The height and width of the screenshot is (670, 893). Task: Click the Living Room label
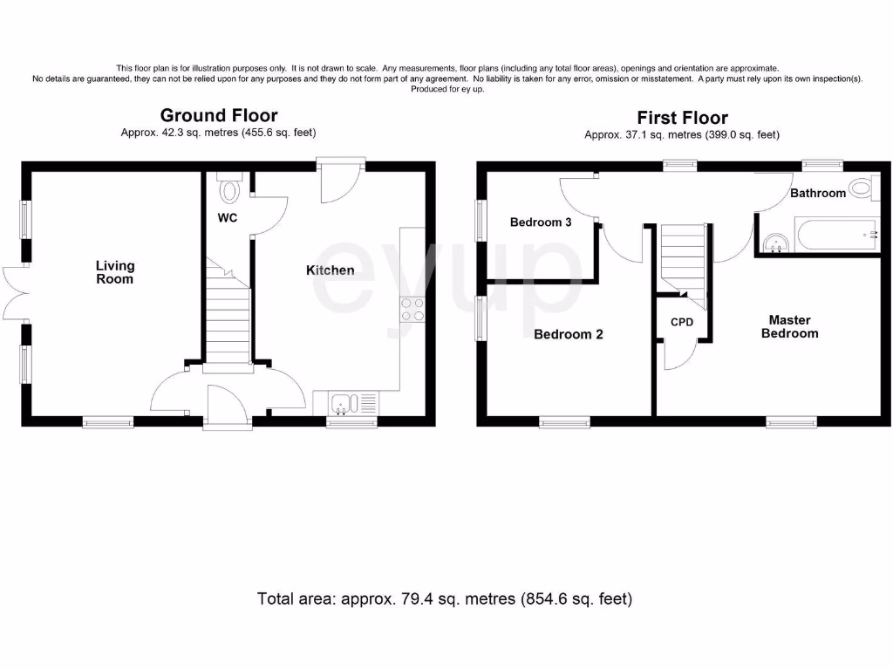115,272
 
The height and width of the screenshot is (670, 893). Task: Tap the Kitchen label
330,270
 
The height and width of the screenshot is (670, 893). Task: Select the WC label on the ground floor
228,217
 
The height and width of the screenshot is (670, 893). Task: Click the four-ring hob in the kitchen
412,310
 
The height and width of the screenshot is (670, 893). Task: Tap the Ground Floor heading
219,115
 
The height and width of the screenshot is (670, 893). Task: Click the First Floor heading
682,118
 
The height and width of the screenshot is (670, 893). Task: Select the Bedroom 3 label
541,222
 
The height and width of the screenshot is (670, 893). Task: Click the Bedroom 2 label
568,334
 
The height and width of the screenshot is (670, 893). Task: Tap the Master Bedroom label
789,326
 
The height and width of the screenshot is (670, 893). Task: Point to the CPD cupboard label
682,323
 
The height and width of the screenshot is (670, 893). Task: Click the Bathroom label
817,193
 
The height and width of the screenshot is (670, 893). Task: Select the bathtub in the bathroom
828,236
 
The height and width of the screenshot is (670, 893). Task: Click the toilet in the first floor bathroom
863,187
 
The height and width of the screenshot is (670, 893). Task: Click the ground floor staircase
228,314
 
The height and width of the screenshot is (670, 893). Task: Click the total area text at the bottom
445,599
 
